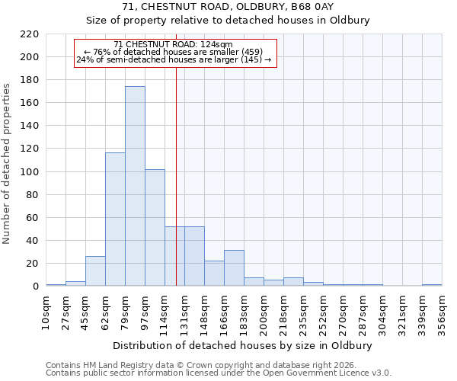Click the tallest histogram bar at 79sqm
(135, 187)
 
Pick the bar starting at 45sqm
(95, 271)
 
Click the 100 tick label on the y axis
(30, 172)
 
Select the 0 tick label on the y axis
(35, 287)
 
